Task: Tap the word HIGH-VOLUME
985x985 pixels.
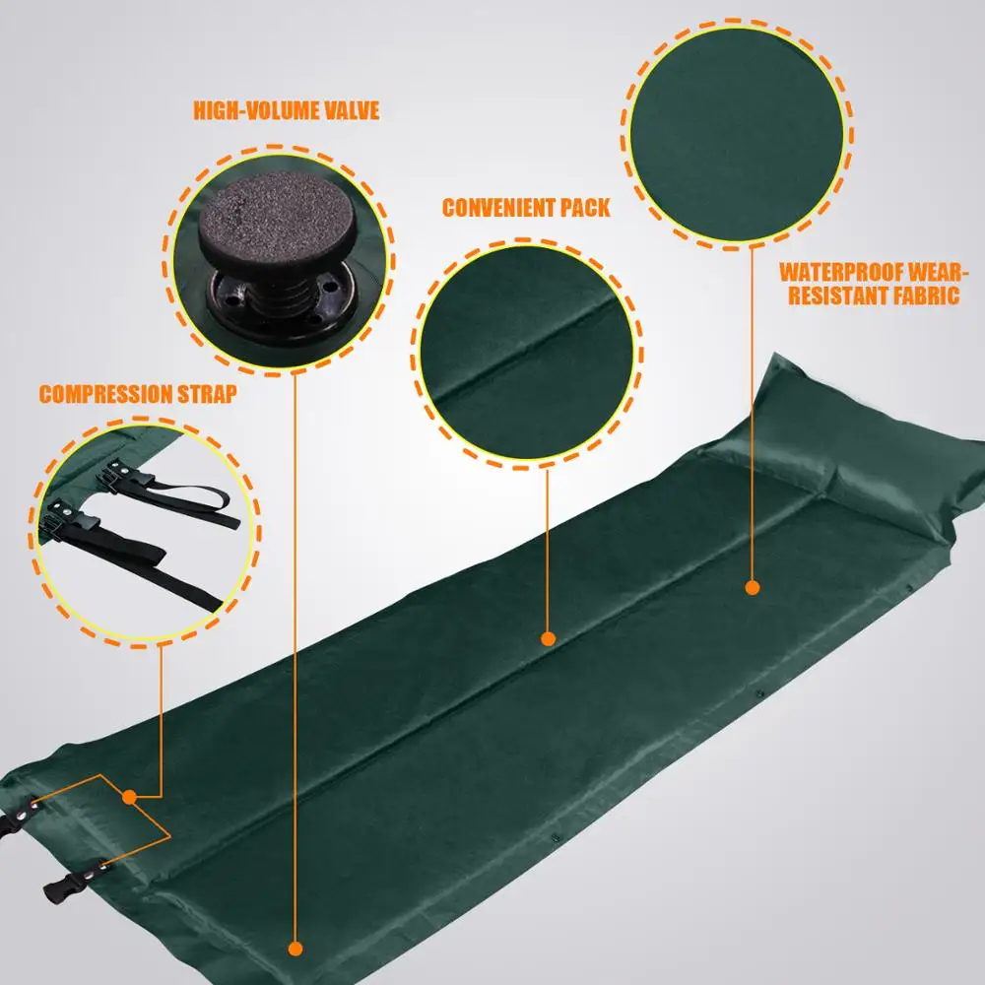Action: coord(256,110)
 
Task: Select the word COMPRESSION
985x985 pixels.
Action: coord(105,394)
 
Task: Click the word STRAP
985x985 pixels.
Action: coord(207,394)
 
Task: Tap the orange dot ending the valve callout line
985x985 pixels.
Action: coord(295,948)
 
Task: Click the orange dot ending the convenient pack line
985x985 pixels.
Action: coord(548,639)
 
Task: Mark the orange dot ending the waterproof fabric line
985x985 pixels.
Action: coord(753,587)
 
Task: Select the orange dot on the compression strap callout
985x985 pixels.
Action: coord(129,797)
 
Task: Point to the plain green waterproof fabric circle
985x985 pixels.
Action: coord(737,134)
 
